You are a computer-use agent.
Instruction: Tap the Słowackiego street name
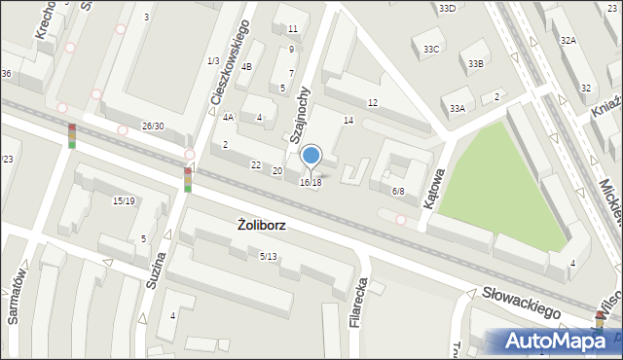pyautogui.click(x=524, y=302)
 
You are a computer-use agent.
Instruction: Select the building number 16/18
pyautogui.click(x=311, y=183)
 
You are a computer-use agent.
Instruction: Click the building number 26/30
pyautogui.click(x=153, y=126)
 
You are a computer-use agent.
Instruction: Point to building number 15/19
pyautogui.click(x=124, y=201)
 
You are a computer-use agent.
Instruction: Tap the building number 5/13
pyautogui.click(x=269, y=256)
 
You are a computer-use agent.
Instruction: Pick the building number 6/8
pyautogui.click(x=398, y=192)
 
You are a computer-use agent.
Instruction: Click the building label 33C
pyautogui.click(x=431, y=49)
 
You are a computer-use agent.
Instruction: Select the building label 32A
pyautogui.click(x=568, y=41)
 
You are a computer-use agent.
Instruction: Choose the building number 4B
pyautogui.click(x=246, y=66)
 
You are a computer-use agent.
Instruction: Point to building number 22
pyautogui.click(x=256, y=165)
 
